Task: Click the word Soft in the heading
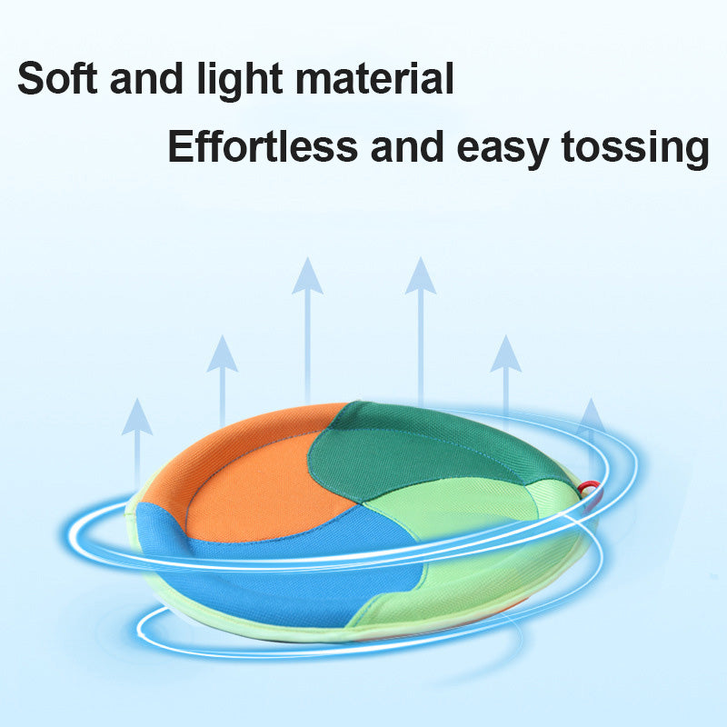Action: click(57, 78)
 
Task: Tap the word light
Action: click(240, 80)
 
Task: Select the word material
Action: click(374, 78)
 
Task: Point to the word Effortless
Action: click(263, 145)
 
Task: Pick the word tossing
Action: click(635, 148)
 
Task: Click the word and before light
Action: click(146, 78)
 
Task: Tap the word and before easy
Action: click(407, 145)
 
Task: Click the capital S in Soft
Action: click(33, 78)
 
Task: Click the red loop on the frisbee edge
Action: click(590, 488)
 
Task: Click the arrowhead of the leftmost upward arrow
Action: click(137, 416)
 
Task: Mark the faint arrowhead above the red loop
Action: click(591, 415)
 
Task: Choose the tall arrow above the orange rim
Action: click(307, 330)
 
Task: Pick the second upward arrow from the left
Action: click(222, 380)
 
